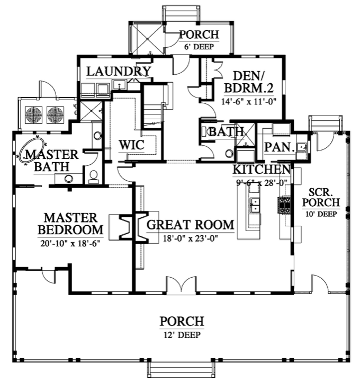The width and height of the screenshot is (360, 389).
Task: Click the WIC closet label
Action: click(128, 145)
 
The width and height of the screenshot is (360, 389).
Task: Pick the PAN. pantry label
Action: click(279, 147)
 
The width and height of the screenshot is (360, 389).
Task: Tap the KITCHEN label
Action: click(262, 170)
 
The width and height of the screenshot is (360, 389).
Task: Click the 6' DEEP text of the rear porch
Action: click(199, 46)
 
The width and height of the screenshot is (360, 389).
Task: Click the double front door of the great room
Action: click(181, 285)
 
